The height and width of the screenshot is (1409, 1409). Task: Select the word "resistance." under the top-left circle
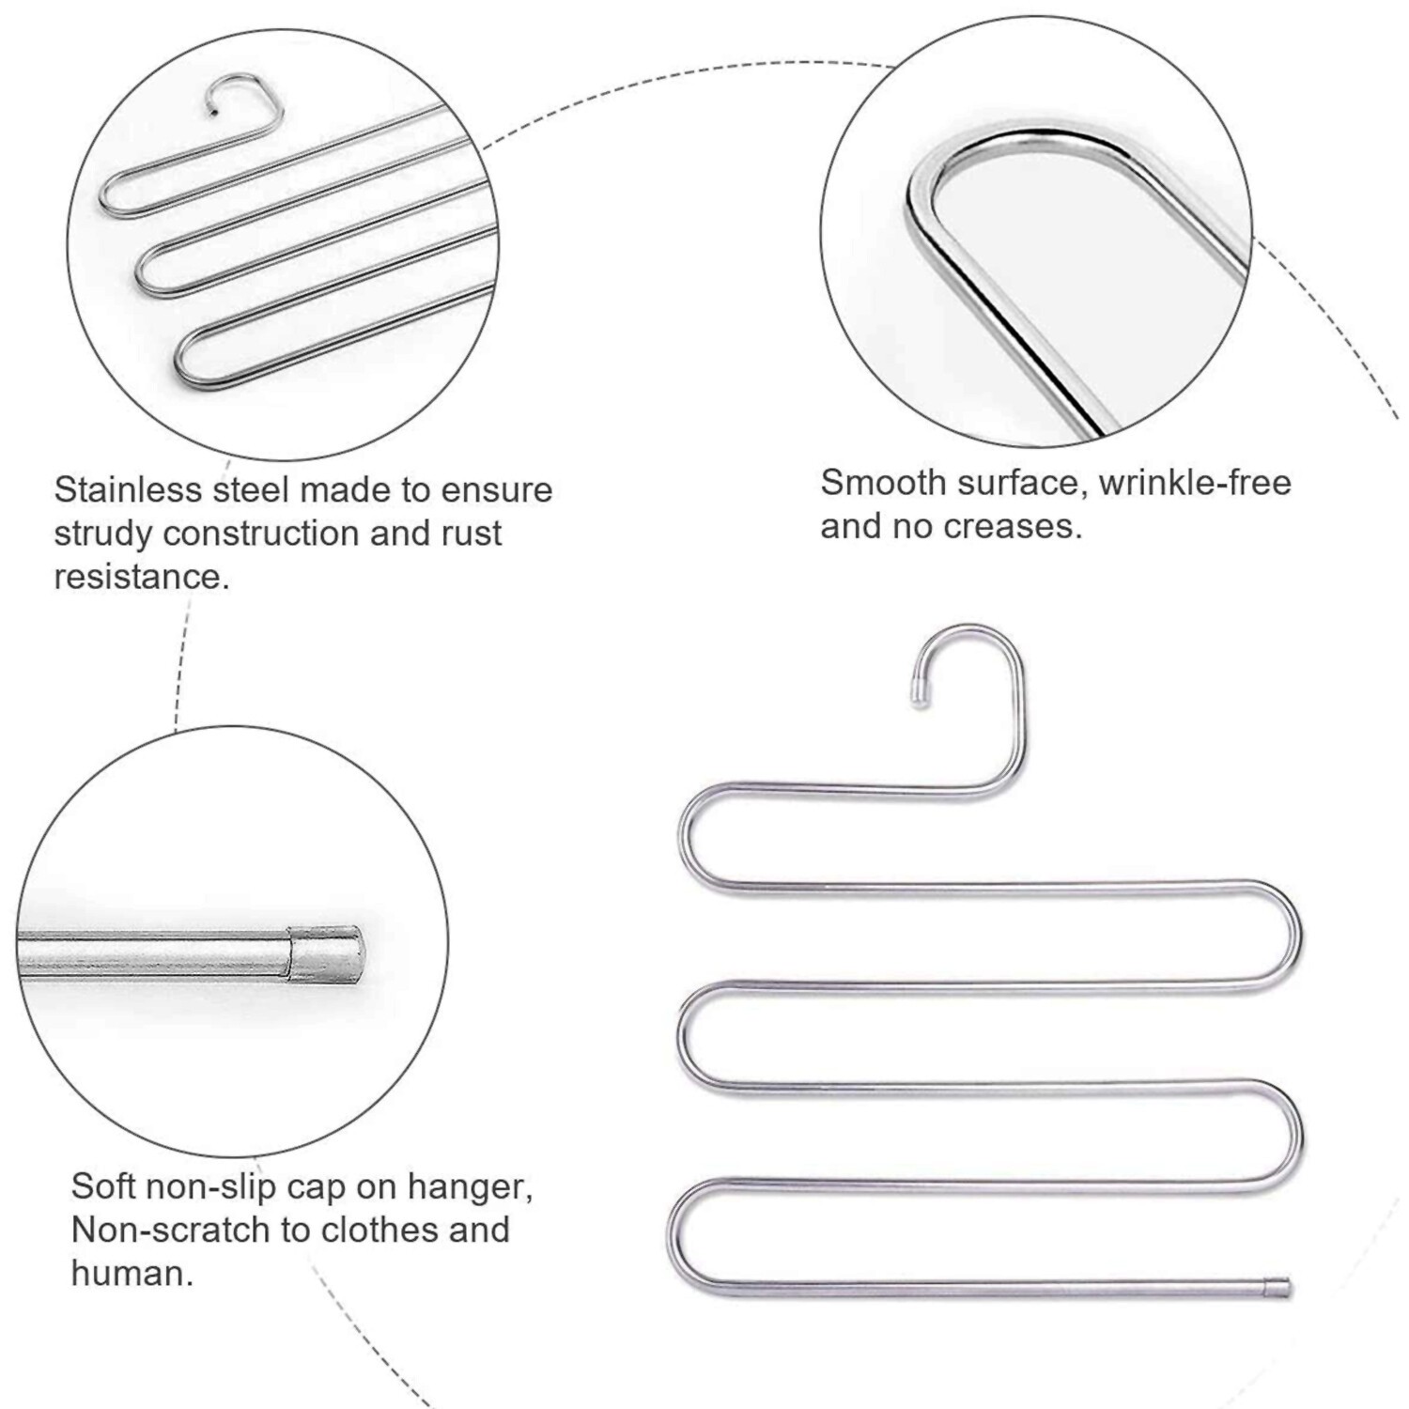[142, 576]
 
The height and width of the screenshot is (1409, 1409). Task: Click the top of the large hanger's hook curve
[969, 627]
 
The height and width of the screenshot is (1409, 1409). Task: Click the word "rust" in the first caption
[472, 533]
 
